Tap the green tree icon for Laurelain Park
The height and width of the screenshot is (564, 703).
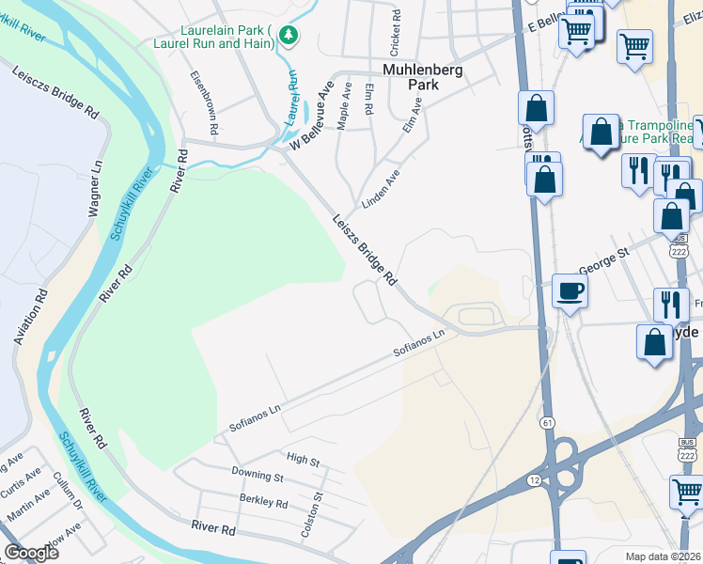(x=289, y=36)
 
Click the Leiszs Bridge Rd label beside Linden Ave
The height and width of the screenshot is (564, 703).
(x=365, y=250)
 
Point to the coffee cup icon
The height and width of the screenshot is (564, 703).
(x=570, y=291)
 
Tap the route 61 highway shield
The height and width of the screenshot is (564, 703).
(x=547, y=423)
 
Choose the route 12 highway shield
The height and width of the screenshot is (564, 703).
(x=534, y=480)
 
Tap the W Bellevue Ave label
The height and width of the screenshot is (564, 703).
(x=313, y=118)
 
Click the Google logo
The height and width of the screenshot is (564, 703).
(x=31, y=553)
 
